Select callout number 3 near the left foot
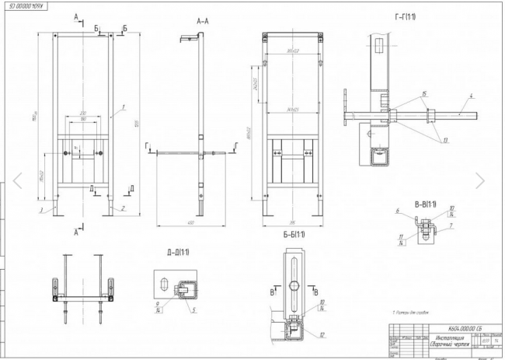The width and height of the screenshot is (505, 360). point(39,209)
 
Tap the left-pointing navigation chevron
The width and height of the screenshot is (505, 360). point(17,180)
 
